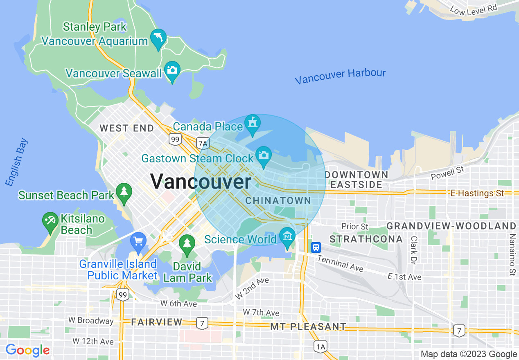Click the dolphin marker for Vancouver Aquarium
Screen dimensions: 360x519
(x=158, y=38)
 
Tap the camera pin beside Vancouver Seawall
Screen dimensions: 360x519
(x=172, y=70)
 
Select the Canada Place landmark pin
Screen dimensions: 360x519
(x=252, y=123)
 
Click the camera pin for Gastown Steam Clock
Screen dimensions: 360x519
(x=264, y=155)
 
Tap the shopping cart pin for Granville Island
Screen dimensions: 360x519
(x=138, y=241)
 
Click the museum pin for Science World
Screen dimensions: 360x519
(x=287, y=236)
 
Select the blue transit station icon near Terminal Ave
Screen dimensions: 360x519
(x=316, y=247)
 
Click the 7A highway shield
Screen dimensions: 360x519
(x=203, y=143)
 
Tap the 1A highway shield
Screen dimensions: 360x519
(x=320, y=347)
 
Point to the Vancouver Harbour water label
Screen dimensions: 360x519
(x=340, y=76)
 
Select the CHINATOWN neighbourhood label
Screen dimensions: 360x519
(x=278, y=200)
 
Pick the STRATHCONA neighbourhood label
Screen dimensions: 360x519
(x=366, y=239)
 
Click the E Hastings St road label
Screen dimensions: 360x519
(x=477, y=193)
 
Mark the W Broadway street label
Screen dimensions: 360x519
(x=90, y=320)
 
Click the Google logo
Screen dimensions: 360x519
(x=27, y=350)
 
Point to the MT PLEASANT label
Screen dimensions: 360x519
(x=308, y=326)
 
